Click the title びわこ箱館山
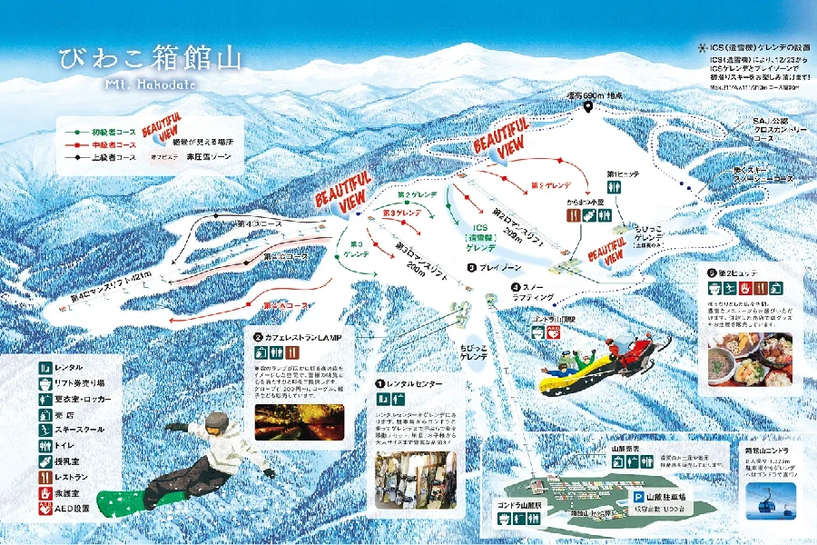point(151,60)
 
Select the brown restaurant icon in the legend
point(47,474)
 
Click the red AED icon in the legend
point(47,510)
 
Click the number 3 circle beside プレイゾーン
point(472,268)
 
